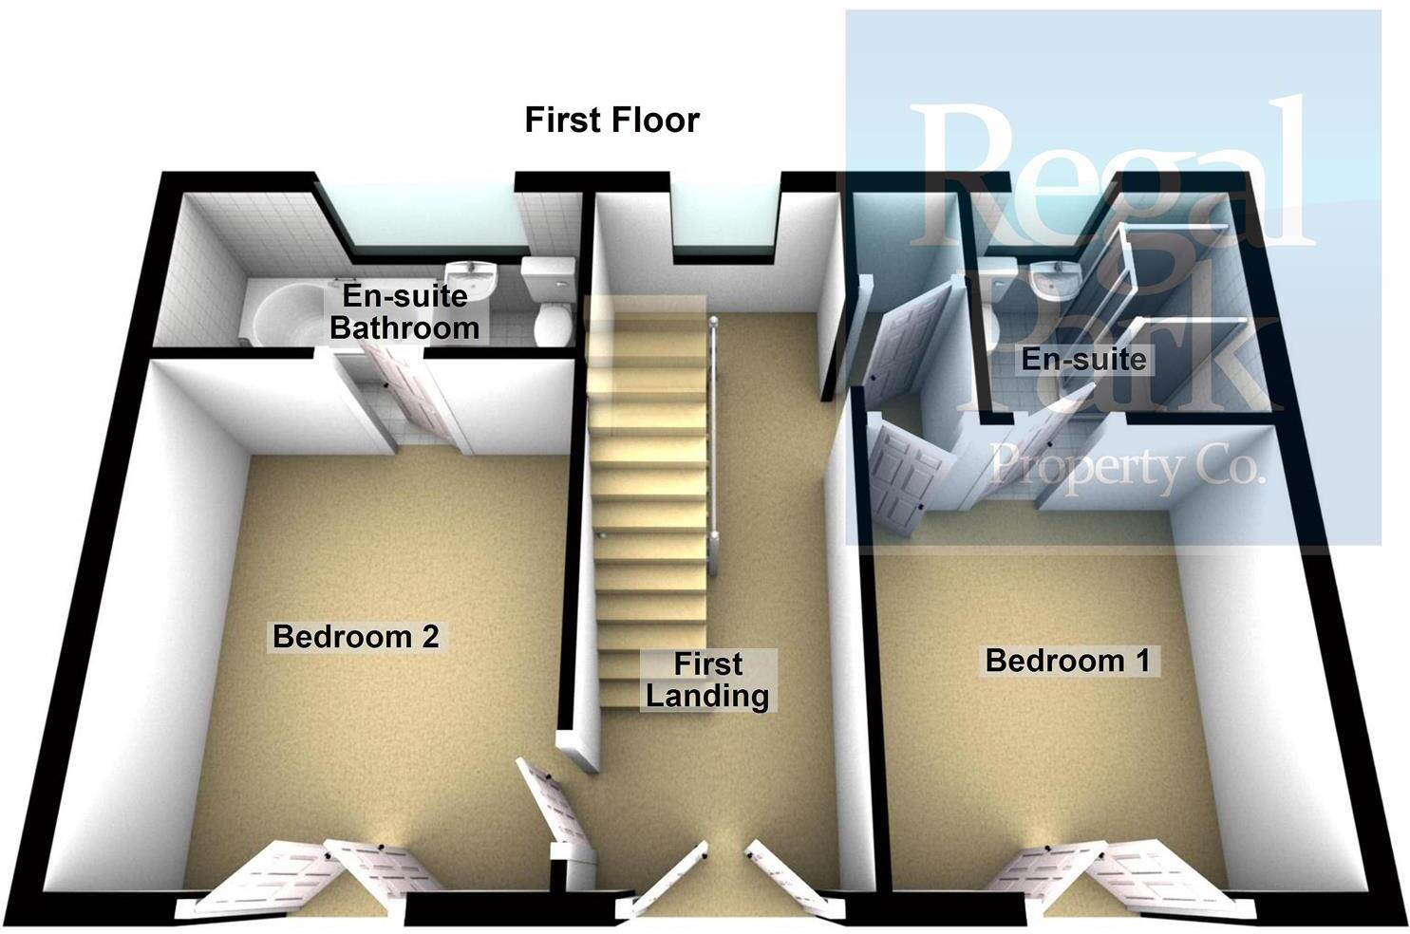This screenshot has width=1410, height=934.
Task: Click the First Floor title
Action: (x=612, y=121)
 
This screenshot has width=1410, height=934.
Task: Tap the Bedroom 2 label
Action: (x=355, y=636)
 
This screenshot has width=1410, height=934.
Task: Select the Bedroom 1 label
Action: (x=1067, y=660)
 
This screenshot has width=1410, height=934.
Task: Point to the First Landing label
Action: (x=707, y=680)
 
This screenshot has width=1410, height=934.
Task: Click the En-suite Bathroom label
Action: (x=404, y=311)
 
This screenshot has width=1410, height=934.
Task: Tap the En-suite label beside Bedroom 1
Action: (x=1083, y=359)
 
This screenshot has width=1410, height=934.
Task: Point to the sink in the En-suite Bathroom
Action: (x=472, y=275)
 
